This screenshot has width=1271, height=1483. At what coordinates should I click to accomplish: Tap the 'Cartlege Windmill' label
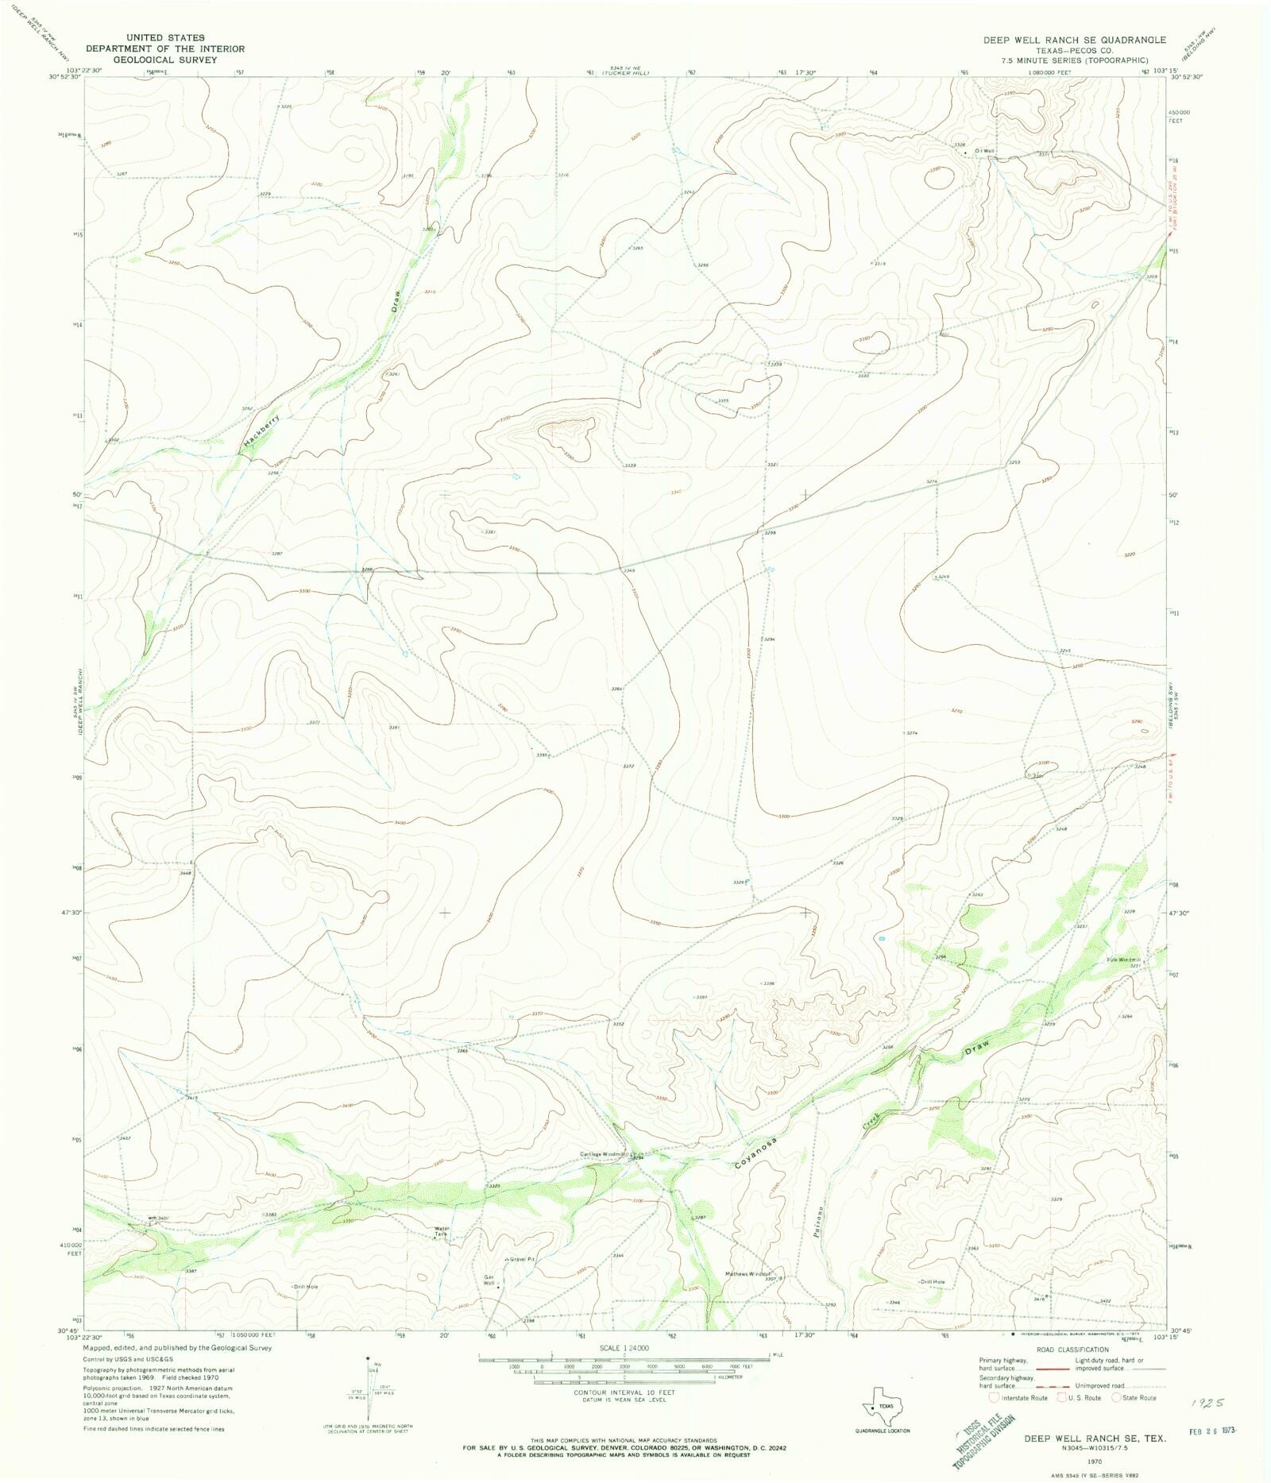click(603, 1154)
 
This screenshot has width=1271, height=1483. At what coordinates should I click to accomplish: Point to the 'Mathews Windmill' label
click(748, 1274)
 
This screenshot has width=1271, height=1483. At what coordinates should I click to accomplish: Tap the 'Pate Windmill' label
click(1124, 960)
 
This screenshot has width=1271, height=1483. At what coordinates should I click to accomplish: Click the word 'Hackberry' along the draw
click(263, 429)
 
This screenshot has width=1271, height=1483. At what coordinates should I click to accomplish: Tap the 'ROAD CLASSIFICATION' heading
click(1072, 1350)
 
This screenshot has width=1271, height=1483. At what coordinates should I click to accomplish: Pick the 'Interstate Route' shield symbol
click(994, 1397)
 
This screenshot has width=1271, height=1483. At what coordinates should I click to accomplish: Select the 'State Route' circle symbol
click(1115, 1397)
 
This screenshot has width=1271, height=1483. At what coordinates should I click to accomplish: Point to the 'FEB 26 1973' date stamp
click(1208, 1431)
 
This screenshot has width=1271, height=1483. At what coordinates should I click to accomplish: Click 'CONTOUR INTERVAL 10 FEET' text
click(624, 1392)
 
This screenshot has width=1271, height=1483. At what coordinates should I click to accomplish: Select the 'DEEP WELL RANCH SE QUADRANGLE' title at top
click(1074, 40)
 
